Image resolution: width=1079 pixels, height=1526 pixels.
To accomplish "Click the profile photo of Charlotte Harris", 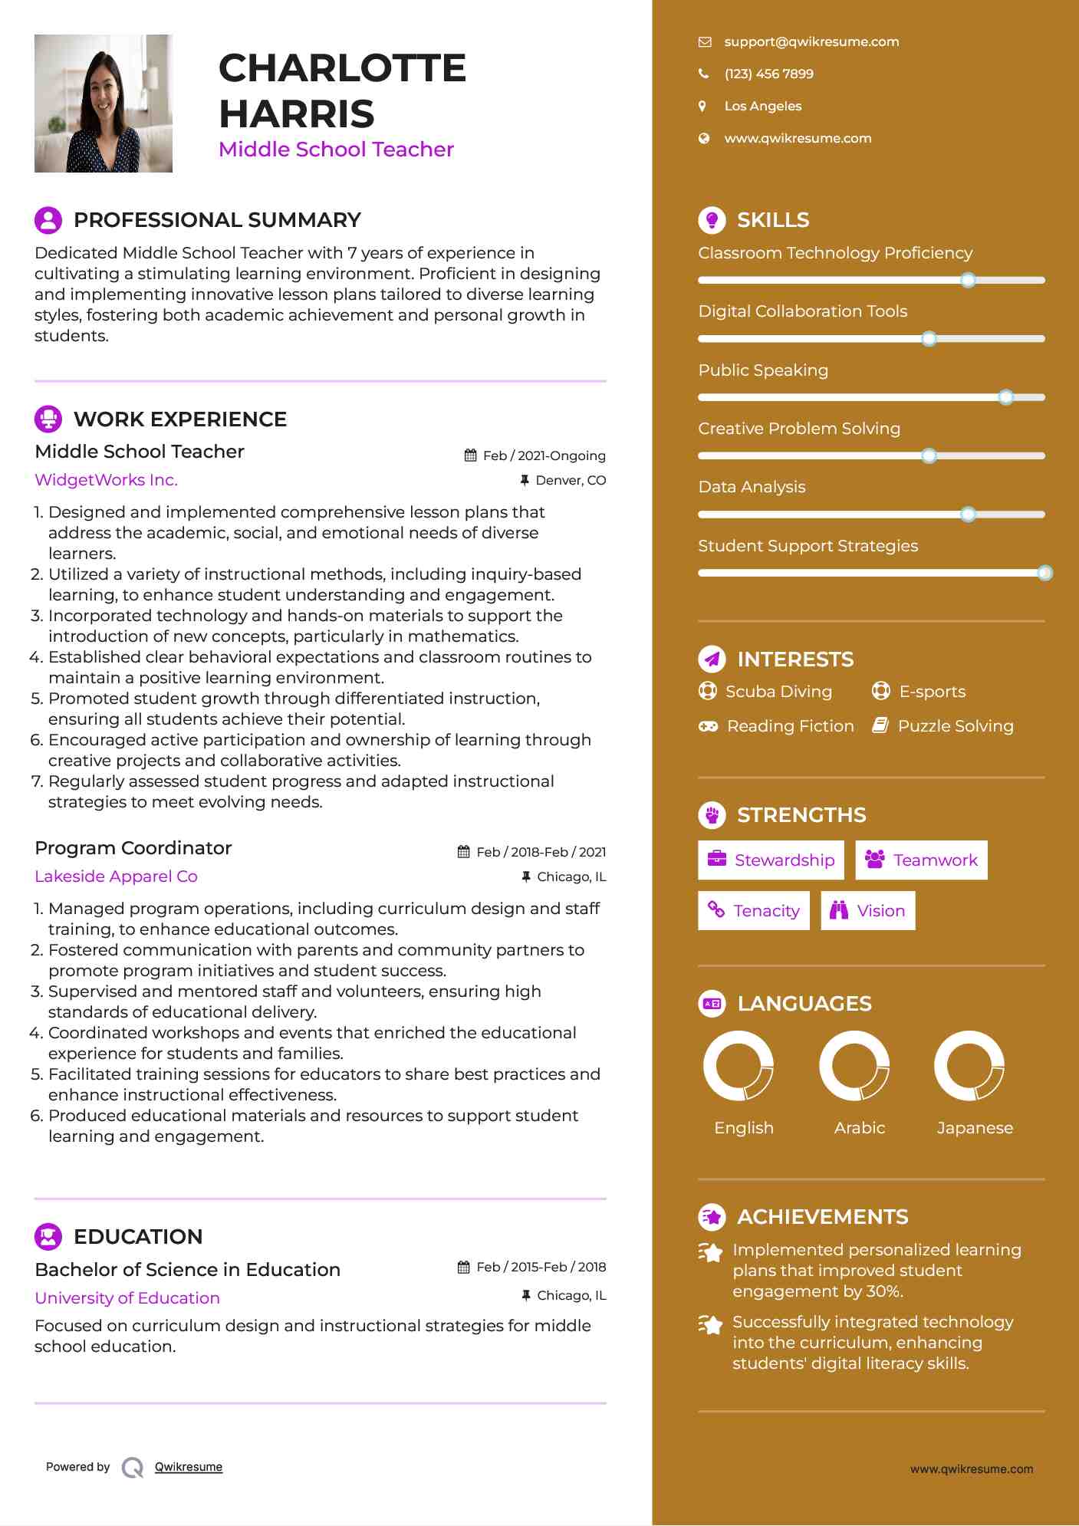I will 104,104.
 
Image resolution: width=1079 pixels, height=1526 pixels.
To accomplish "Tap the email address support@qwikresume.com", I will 811,42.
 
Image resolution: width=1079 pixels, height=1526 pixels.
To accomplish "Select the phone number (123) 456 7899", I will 768,74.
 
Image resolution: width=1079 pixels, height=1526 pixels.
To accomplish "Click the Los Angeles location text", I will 762,107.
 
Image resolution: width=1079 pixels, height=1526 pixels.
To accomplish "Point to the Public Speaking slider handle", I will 1006,397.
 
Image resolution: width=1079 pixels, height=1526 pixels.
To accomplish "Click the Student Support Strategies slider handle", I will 1044,573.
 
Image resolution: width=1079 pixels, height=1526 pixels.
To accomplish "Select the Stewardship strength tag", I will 771,860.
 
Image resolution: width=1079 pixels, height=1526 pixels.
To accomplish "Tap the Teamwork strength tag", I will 921,860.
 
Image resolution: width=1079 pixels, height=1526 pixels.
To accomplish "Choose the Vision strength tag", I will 868,911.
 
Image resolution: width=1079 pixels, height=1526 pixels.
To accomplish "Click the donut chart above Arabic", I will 854,1066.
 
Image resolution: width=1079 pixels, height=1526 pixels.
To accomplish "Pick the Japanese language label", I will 975,1128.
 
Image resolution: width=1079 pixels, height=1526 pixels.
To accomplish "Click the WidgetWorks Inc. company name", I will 106,480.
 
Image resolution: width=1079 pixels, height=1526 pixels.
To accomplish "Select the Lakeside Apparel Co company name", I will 116,876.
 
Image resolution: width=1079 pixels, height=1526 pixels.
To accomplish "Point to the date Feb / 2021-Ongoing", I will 544,456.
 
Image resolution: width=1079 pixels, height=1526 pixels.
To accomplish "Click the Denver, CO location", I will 571,481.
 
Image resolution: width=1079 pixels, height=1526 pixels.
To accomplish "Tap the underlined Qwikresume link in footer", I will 189,1467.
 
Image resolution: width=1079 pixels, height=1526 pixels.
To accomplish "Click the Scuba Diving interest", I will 778,692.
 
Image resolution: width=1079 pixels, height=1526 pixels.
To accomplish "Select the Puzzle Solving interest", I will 955,726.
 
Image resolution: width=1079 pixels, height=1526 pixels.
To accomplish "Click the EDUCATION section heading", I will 138,1237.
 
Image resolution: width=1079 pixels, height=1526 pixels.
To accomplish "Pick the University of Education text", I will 127,1298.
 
